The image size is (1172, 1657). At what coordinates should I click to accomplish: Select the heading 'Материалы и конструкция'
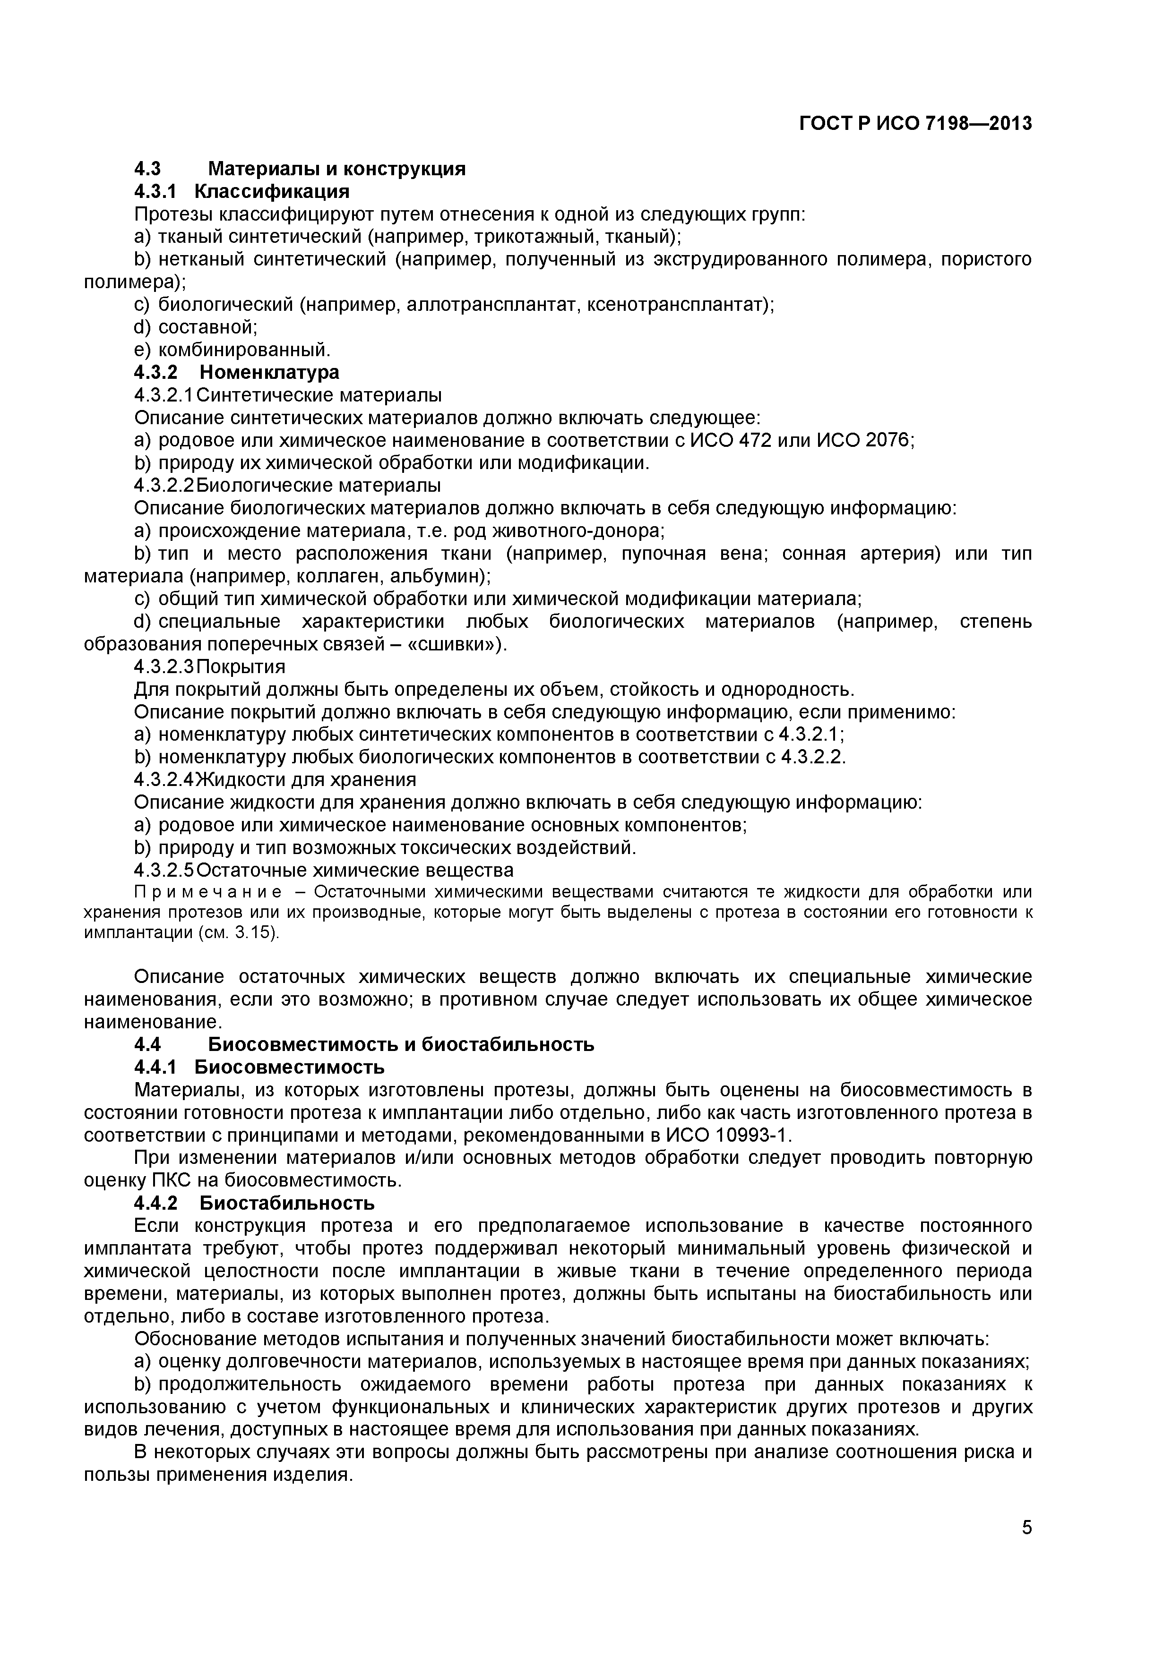click(336, 169)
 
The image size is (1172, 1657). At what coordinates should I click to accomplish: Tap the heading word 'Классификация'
click(272, 191)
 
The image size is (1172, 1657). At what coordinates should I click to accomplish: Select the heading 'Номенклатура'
click(268, 372)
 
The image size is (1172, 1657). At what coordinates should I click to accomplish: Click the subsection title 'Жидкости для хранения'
click(307, 780)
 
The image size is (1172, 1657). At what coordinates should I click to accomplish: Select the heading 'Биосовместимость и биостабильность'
click(401, 1044)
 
